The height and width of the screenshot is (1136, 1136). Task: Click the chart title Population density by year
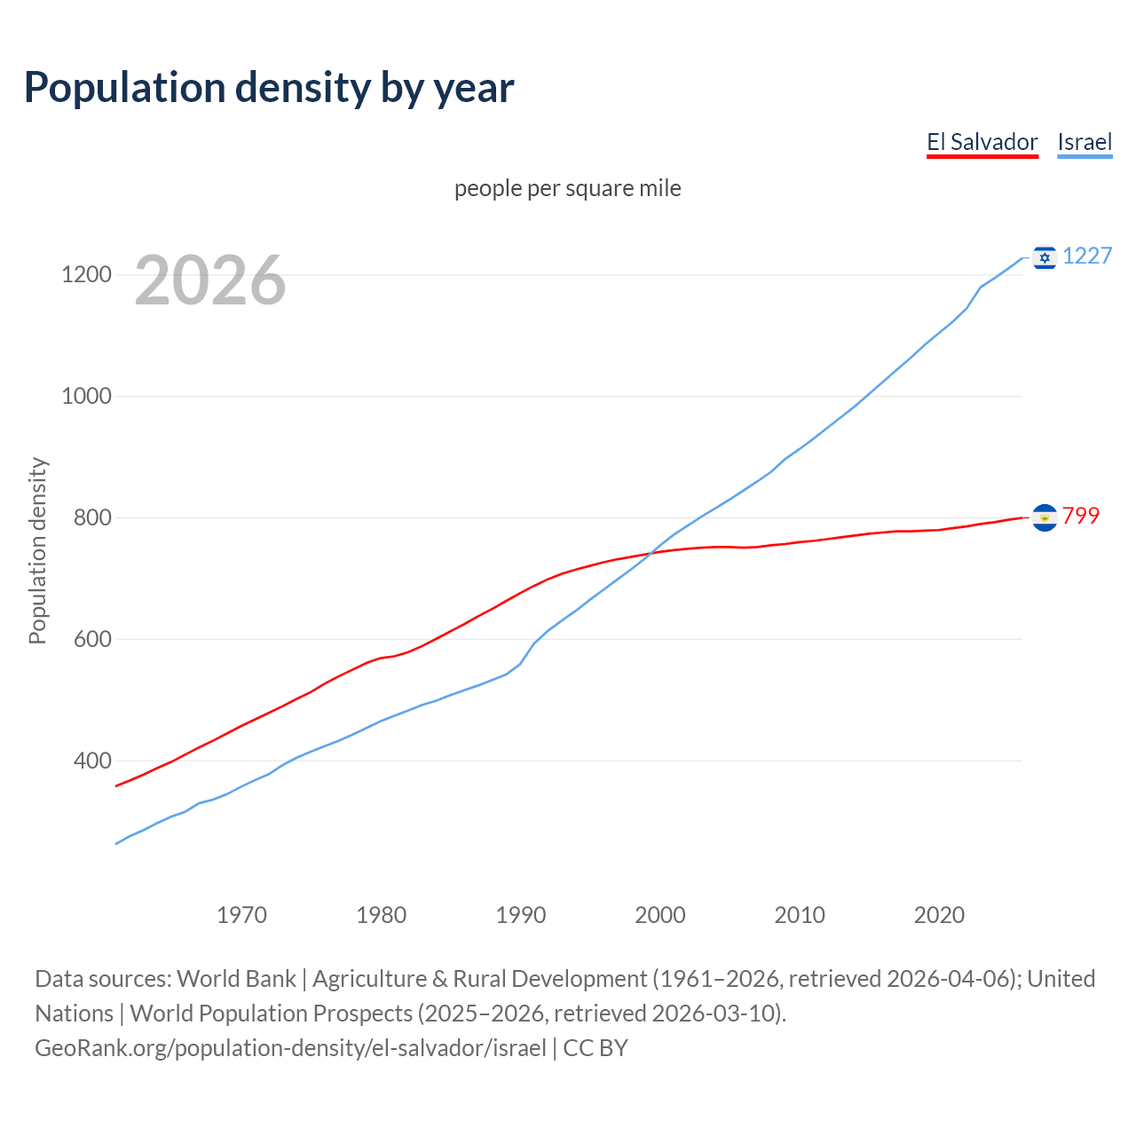pos(269,88)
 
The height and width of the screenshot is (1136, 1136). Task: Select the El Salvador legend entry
pos(982,142)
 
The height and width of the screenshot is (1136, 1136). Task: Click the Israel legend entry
pos(1085,142)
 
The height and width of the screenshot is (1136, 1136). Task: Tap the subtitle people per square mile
pos(568,188)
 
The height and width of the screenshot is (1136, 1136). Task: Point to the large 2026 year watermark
pos(210,280)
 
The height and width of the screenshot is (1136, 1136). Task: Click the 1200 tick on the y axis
pos(86,275)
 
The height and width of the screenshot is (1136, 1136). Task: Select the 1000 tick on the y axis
pos(86,397)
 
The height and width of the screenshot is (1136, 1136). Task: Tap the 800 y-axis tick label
pos(92,517)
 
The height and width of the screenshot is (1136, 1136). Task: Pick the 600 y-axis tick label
pos(92,639)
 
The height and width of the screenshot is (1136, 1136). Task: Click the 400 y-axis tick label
pos(92,761)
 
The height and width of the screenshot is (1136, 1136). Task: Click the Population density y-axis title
pos(37,550)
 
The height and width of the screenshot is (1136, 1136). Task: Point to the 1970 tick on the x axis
pos(241,915)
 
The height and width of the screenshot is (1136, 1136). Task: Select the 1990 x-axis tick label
pos(521,915)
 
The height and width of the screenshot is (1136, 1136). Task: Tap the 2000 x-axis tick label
pos(660,915)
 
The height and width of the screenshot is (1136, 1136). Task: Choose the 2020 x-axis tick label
pos(939,915)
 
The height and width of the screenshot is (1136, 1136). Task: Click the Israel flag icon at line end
pos(1045,257)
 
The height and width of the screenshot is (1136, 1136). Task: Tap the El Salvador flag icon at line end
pos(1045,517)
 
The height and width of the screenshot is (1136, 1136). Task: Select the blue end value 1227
pos(1087,256)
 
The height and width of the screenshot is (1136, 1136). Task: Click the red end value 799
pos(1081,517)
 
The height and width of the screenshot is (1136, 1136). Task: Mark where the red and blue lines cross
pos(652,554)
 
